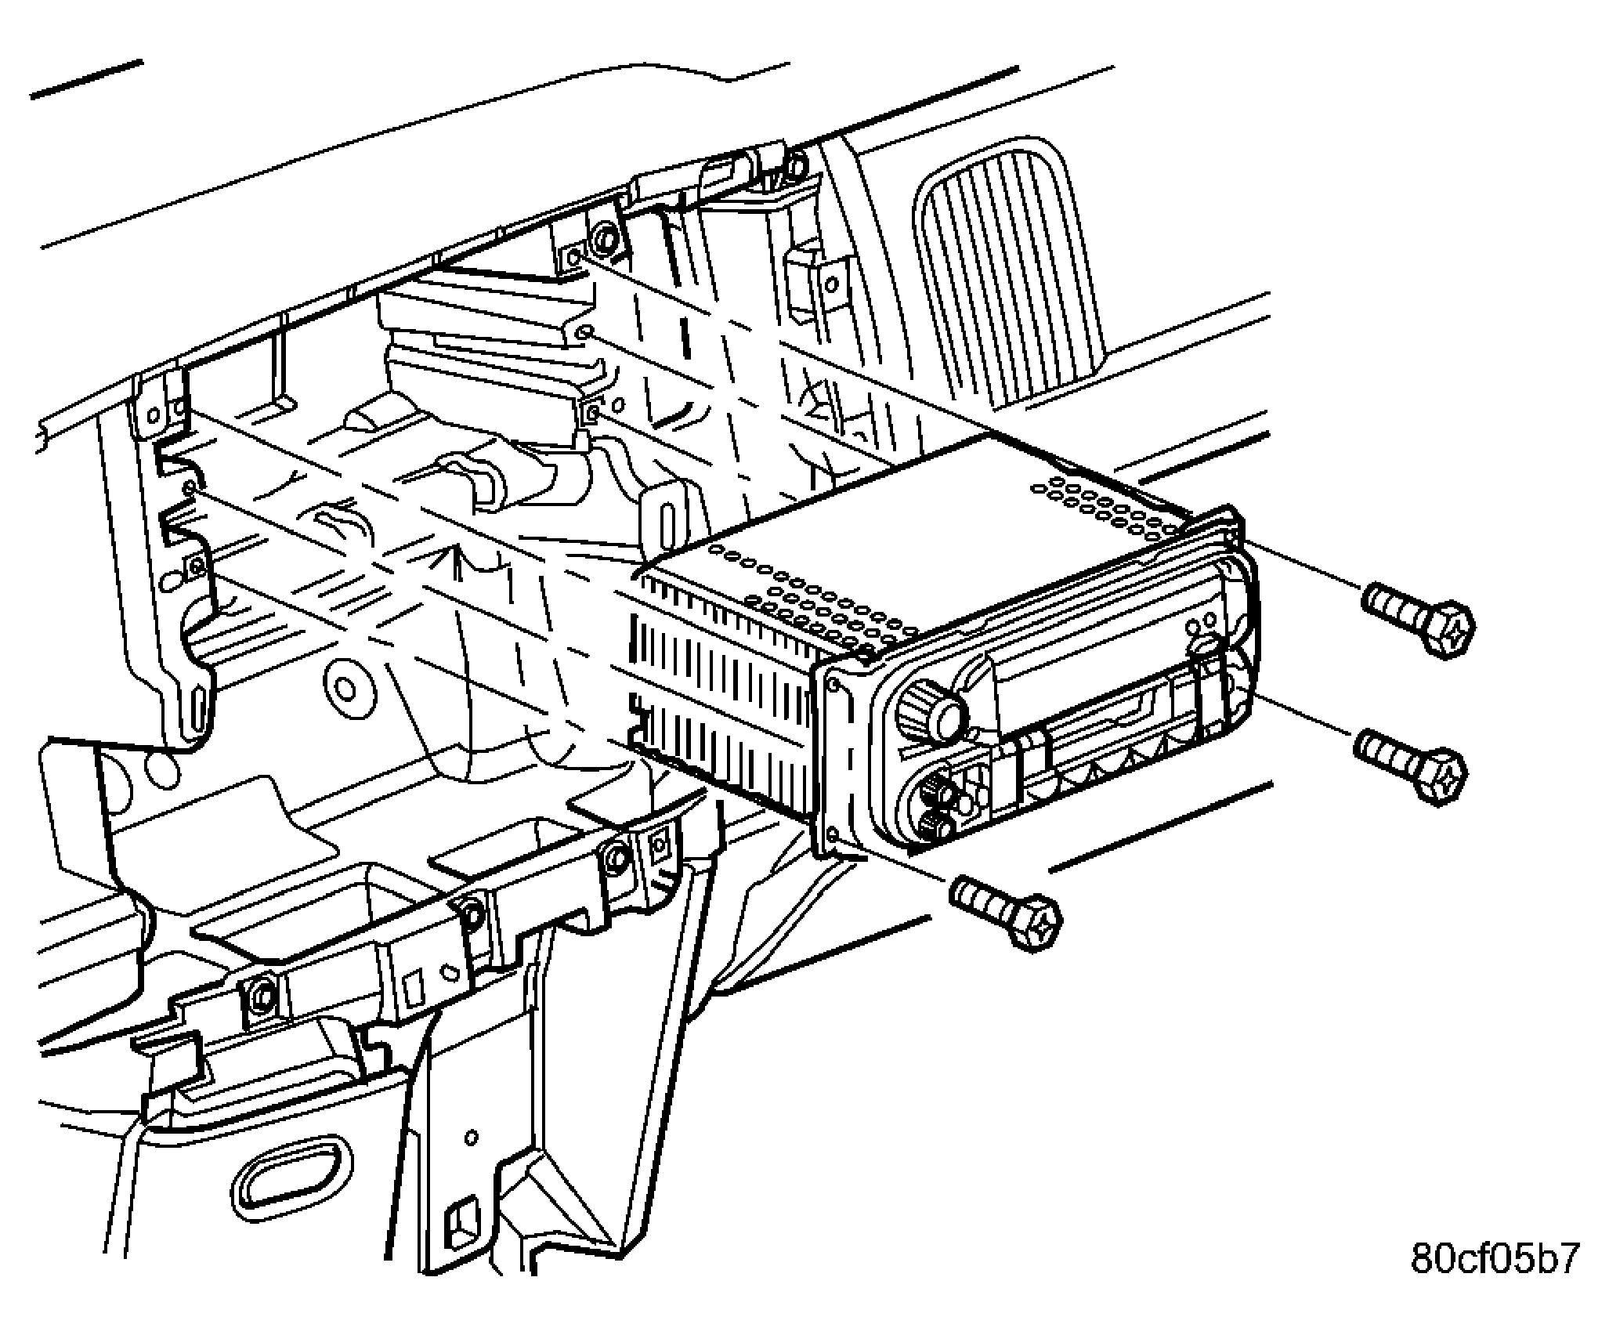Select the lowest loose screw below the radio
coord(1005,912)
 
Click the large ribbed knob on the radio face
coord(932,709)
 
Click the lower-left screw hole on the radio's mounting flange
coord(833,835)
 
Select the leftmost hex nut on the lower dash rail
coord(261,993)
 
